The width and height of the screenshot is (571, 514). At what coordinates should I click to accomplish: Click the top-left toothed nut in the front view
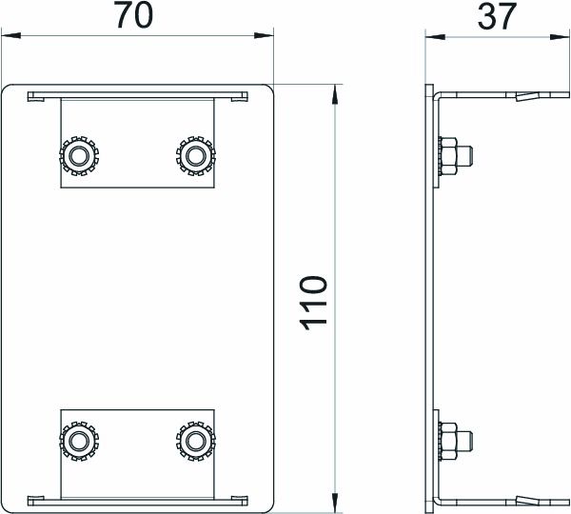click(78, 154)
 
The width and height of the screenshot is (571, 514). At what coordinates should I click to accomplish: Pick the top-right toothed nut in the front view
click(195, 154)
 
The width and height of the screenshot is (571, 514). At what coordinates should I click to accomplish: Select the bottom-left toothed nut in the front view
click(78, 440)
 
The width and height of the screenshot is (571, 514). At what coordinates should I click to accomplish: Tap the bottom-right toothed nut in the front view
click(195, 440)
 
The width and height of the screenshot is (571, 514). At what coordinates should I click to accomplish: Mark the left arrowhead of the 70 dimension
click(11, 37)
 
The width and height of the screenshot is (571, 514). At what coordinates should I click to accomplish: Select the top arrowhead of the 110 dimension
click(335, 94)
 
